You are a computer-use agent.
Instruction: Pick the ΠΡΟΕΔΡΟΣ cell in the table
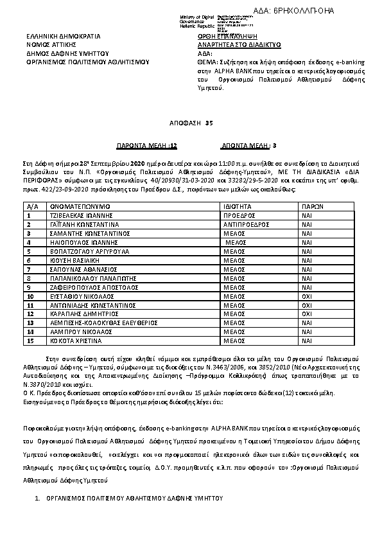tap(241, 217)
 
